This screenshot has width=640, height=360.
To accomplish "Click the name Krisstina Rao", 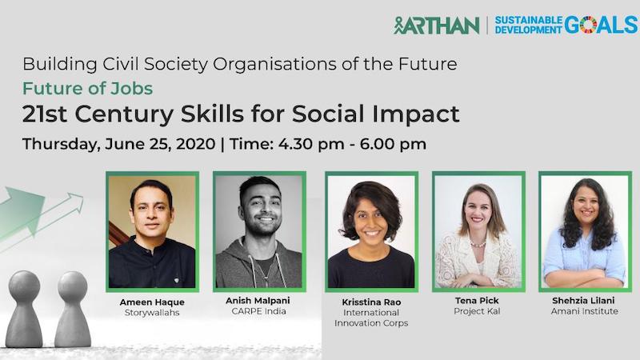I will click(370, 302).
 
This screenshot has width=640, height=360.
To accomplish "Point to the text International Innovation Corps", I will click(370, 318).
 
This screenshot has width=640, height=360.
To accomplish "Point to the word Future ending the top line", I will click(429, 63).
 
